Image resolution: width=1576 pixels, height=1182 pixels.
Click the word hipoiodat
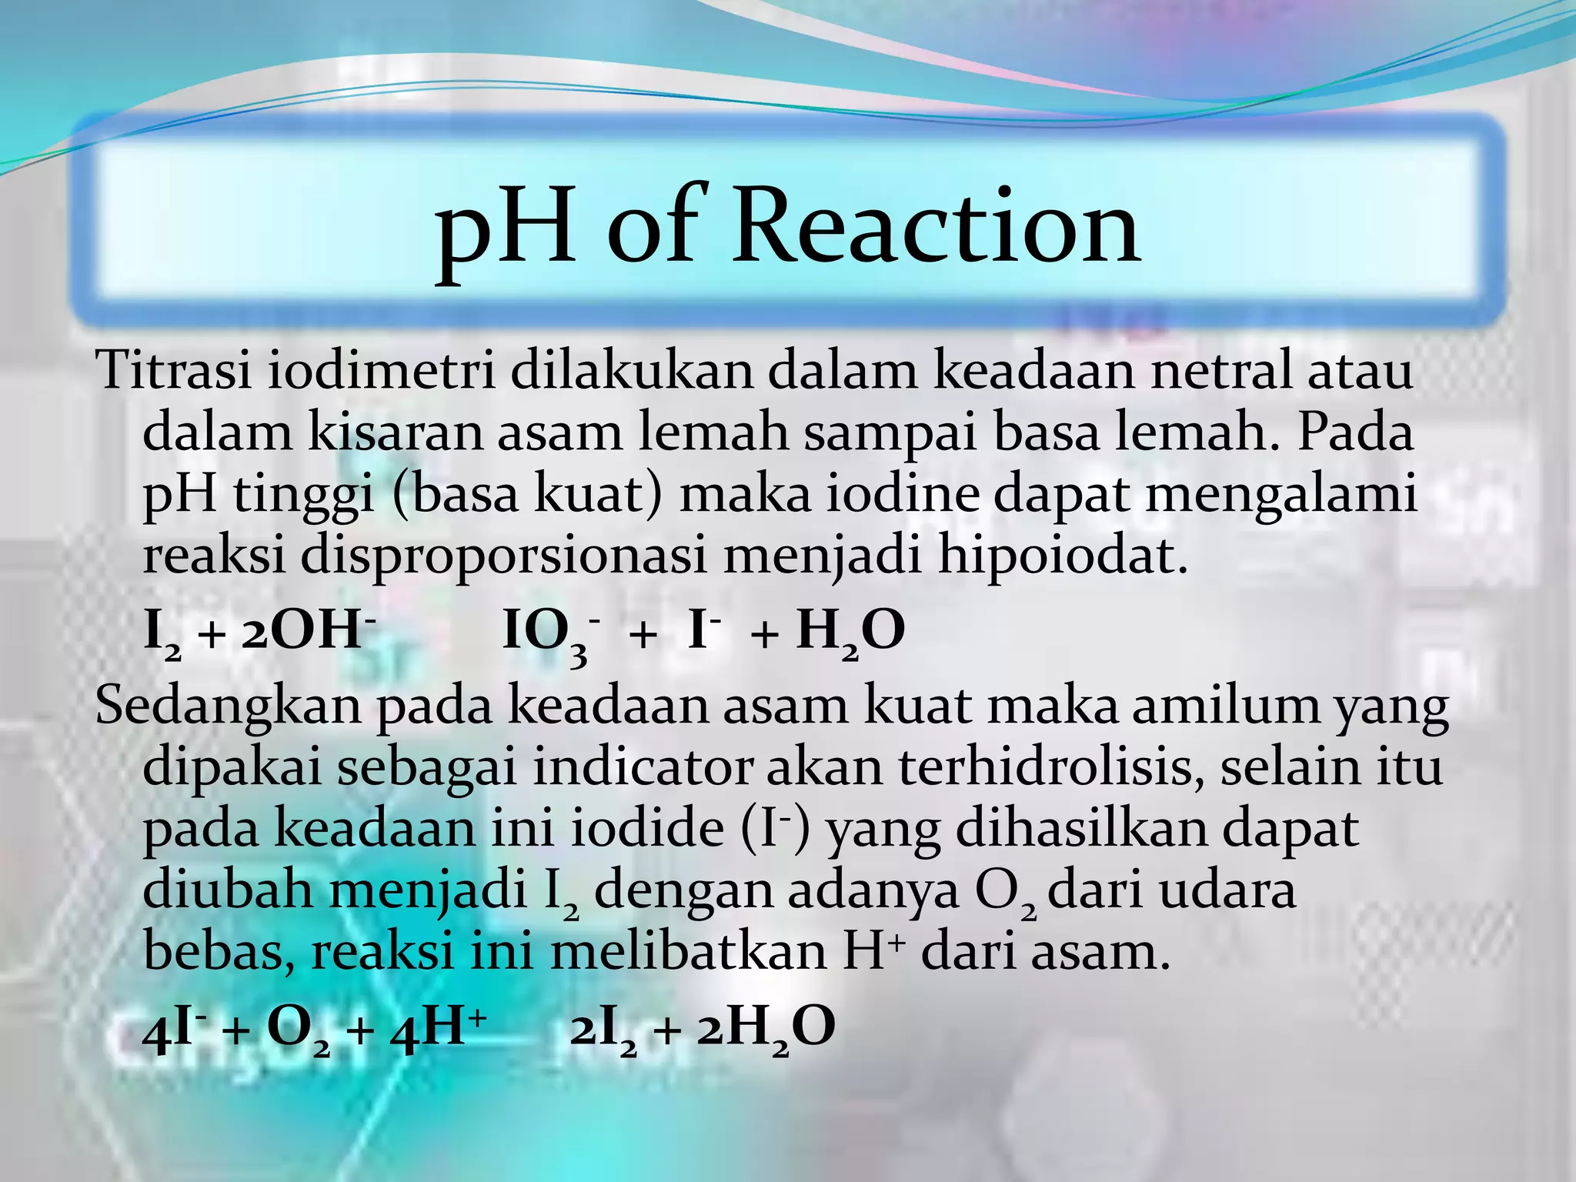[1063, 556]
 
